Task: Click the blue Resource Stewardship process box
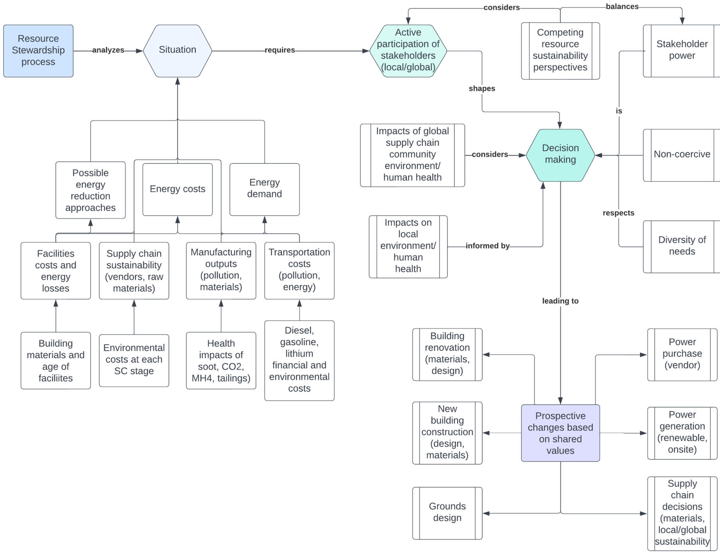(38, 50)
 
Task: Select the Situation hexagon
(177, 50)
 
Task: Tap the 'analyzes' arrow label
(108, 50)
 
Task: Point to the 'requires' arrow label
(280, 50)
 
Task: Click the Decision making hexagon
(560, 154)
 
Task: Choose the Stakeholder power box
(682, 50)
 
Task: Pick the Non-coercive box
(682, 154)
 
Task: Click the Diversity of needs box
(682, 246)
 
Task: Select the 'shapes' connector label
(482, 88)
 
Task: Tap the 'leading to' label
(560, 301)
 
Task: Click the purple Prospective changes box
(560, 433)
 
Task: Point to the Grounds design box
(447, 512)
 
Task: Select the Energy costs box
(177, 189)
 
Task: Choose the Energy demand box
(264, 189)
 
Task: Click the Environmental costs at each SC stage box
(134, 360)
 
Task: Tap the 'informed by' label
(487, 246)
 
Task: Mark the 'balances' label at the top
(622, 6)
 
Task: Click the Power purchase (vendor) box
(682, 354)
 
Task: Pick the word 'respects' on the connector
(618, 213)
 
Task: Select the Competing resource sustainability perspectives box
(560, 50)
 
